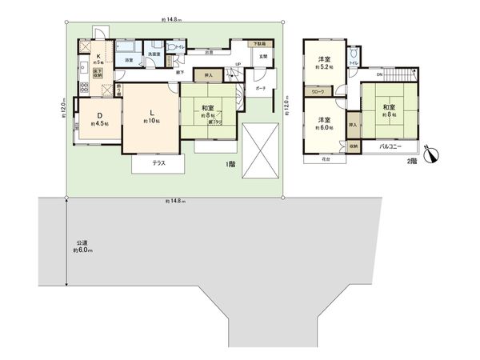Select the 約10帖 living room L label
[x=150, y=117]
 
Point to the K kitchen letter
[x=98, y=57]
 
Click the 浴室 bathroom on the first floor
[x=128, y=59]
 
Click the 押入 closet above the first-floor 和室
[x=208, y=78]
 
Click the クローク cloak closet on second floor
[x=319, y=93]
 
